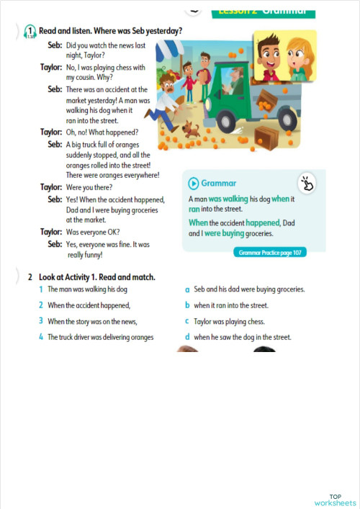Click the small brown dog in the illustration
tap(190, 130)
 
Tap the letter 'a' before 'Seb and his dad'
tap(187, 289)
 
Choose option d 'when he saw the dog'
tap(238, 336)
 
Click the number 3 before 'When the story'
tap(41, 321)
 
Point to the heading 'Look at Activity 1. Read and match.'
tap(97, 276)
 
